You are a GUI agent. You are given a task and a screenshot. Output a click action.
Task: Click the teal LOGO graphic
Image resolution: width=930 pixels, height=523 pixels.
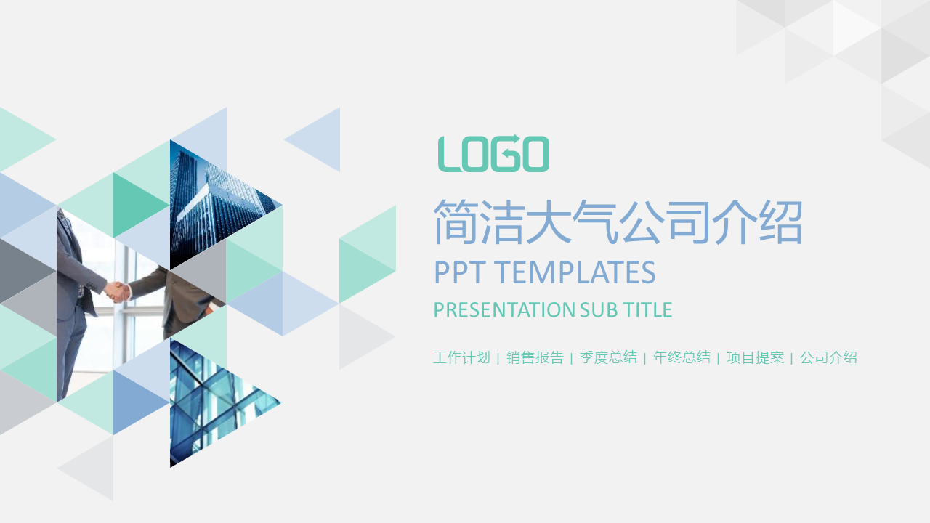(493, 153)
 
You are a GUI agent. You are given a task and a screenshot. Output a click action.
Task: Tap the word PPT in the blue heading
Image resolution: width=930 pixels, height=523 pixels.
(460, 272)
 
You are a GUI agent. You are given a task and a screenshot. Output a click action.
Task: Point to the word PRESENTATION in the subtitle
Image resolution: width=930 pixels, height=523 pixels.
(504, 309)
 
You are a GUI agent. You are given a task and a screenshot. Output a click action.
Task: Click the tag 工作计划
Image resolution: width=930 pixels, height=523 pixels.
(461, 357)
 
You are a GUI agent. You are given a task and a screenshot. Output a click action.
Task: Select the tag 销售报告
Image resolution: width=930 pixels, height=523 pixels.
(535, 357)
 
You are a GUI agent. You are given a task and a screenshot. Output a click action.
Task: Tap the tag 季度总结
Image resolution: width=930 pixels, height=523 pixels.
(608, 357)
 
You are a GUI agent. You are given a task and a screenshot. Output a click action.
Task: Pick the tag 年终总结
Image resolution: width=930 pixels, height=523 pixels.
(682, 357)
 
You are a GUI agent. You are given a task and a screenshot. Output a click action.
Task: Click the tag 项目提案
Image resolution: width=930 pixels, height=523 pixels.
(755, 357)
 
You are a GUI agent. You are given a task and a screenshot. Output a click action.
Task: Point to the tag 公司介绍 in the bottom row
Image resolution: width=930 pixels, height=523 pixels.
(829, 357)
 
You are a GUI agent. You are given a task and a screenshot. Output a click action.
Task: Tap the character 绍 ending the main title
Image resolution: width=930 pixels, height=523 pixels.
(780, 222)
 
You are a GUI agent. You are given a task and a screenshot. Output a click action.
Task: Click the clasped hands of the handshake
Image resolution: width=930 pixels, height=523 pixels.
(118, 292)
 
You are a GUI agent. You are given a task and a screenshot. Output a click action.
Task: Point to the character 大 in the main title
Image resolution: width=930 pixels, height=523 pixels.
(549, 222)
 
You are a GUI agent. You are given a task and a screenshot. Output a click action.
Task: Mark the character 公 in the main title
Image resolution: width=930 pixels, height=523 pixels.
(642, 222)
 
